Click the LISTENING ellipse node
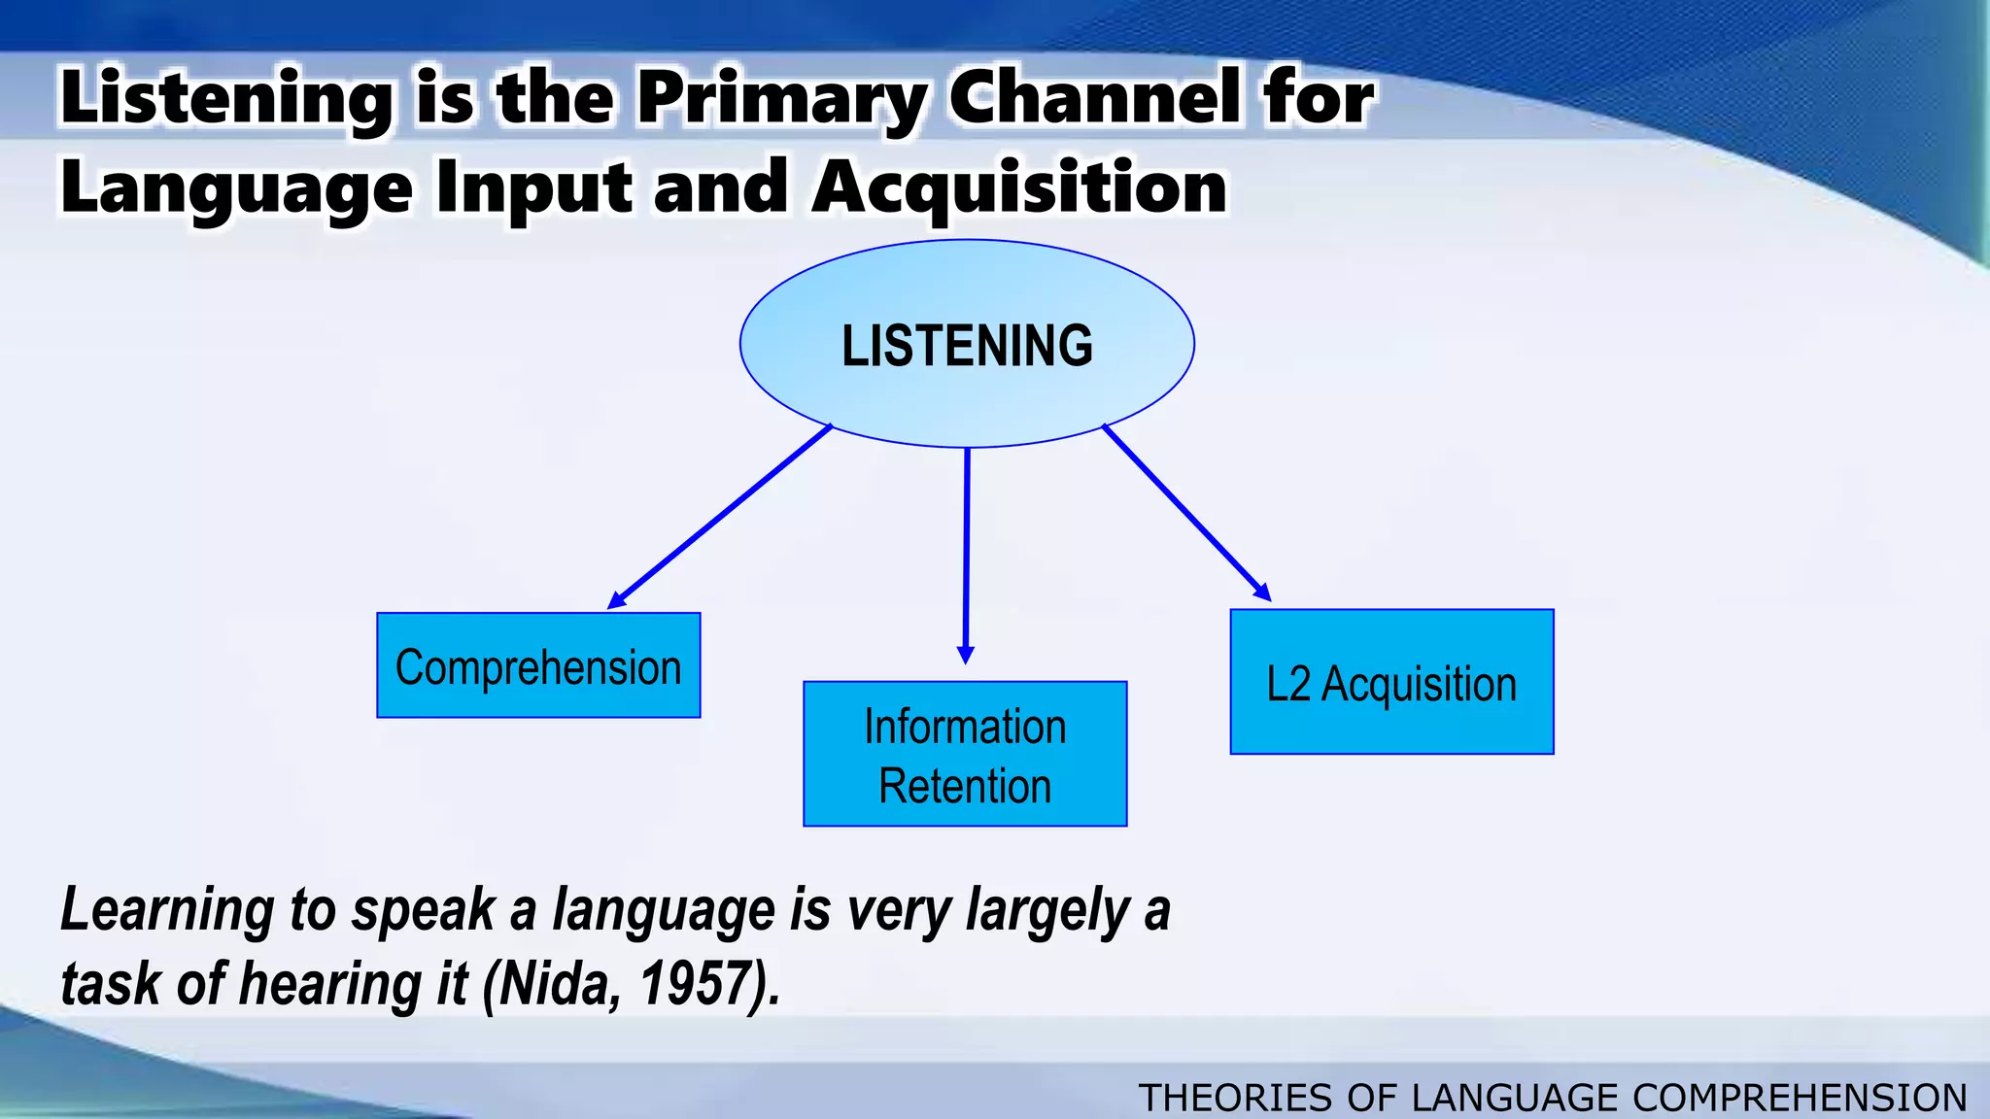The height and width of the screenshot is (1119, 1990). [x=967, y=344]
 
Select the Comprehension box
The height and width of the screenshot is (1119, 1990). [x=538, y=666]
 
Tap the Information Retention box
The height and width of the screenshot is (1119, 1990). [x=965, y=754]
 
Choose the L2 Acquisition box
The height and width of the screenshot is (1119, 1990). [x=1391, y=682]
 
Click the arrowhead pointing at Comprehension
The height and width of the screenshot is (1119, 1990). [x=616, y=602]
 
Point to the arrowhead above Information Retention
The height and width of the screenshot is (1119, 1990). [x=965, y=655]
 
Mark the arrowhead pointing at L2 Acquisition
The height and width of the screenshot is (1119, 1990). [x=1262, y=593]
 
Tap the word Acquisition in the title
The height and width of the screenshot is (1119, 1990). [x=1019, y=186]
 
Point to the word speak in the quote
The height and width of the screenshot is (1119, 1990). [x=423, y=911]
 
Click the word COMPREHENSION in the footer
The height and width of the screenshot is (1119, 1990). [x=1800, y=1098]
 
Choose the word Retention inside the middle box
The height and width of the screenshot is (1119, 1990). [x=965, y=786]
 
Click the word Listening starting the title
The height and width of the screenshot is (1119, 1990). [x=226, y=100]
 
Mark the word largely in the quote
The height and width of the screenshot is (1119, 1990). [x=1047, y=911]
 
